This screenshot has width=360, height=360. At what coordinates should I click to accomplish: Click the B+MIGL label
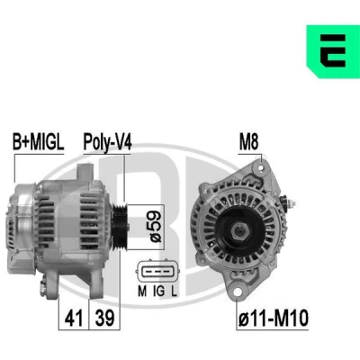[38, 142]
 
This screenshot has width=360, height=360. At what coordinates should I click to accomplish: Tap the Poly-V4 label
[107, 142]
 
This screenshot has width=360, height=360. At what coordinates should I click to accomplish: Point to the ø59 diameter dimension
[156, 227]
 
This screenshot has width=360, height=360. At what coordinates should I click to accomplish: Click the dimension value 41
[74, 318]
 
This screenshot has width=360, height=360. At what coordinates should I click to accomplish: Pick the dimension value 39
[104, 318]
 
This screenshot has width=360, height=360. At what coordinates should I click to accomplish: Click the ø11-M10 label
[274, 318]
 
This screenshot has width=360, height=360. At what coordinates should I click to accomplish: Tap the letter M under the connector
[142, 291]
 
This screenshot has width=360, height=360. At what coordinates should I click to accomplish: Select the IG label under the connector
[158, 291]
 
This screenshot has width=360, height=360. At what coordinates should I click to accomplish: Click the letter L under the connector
[174, 291]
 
